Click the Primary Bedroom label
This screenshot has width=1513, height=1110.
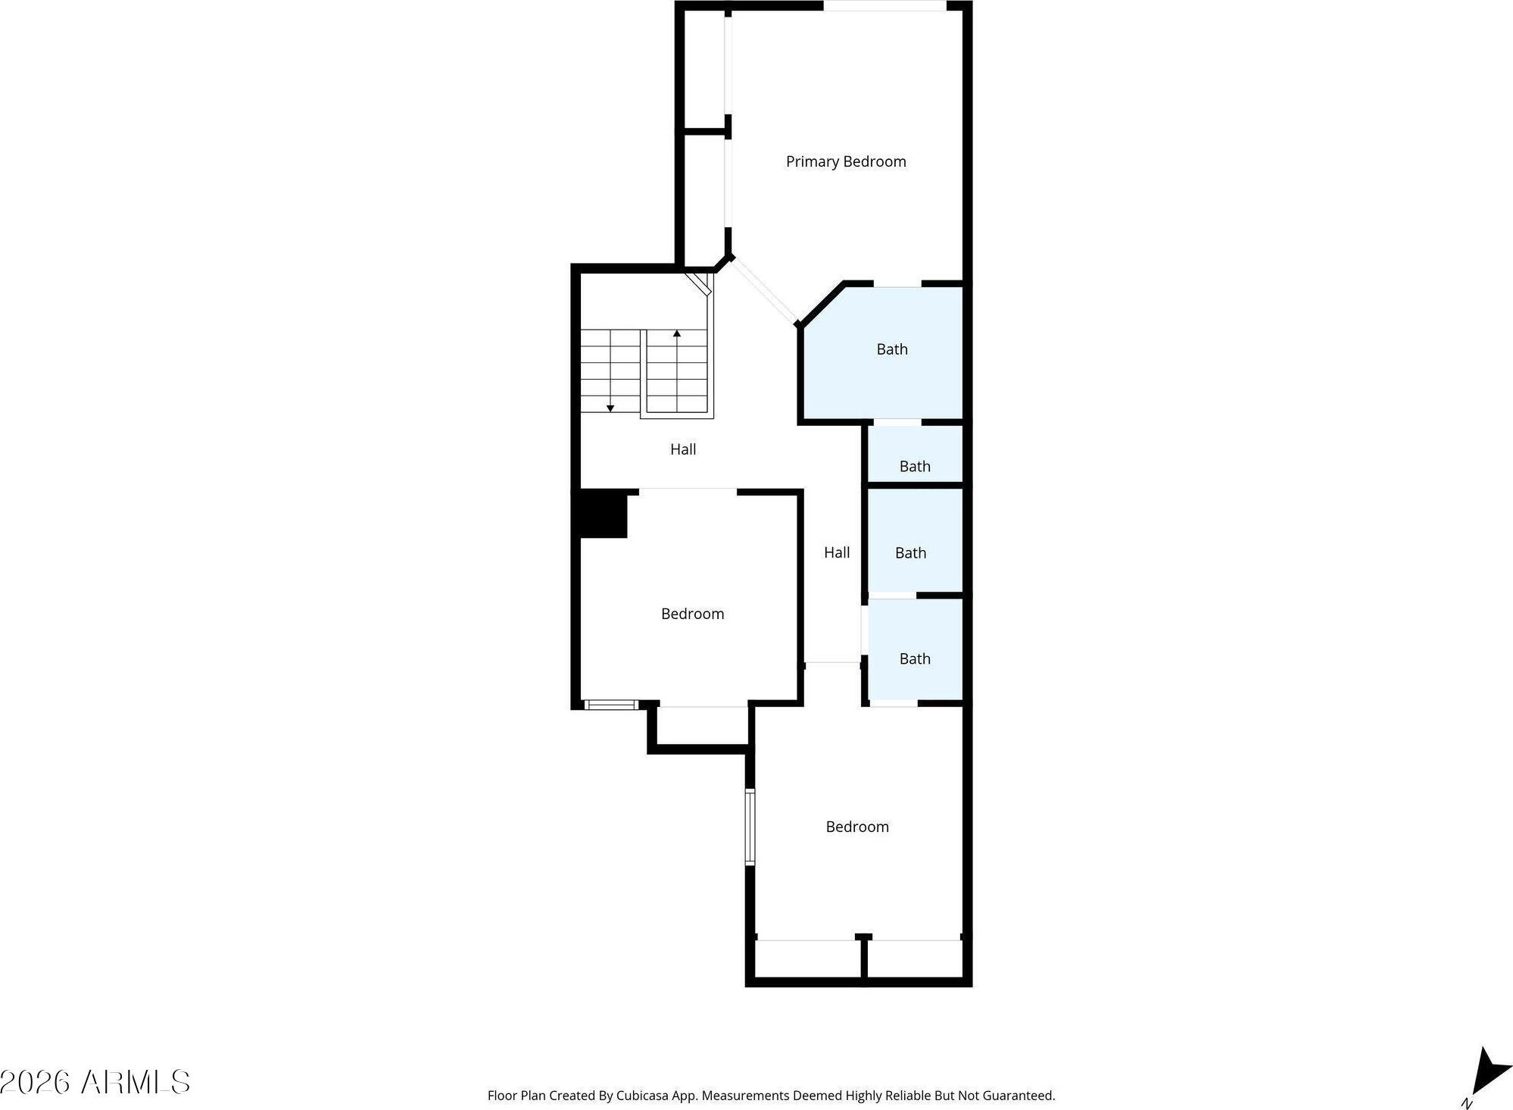click(846, 161)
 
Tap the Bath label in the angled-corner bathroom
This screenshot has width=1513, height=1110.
click(892, 349)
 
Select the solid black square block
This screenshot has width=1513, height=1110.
click(604, 514)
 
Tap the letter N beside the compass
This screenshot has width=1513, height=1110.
click(1467, 1102)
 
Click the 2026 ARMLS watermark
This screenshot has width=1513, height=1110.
click(95, 1082)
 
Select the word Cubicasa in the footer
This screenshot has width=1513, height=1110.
click(643, 1096)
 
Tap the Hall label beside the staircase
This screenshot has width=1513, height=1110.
click(683, 449)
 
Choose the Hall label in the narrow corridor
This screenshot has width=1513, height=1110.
click(837, 552)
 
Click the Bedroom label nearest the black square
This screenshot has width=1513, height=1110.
click(692, 614)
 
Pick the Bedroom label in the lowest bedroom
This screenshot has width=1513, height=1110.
click(857, 827)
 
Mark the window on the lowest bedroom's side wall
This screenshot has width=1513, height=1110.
click(750, 827)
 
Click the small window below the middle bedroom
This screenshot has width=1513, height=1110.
click(611, 705)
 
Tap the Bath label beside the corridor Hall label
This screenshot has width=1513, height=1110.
click(910, 553)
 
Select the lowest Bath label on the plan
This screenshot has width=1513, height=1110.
click(915, 659)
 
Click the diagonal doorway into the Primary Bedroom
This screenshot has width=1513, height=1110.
click(765, 291)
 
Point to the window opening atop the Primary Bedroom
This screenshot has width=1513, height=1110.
click(884, 6)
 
